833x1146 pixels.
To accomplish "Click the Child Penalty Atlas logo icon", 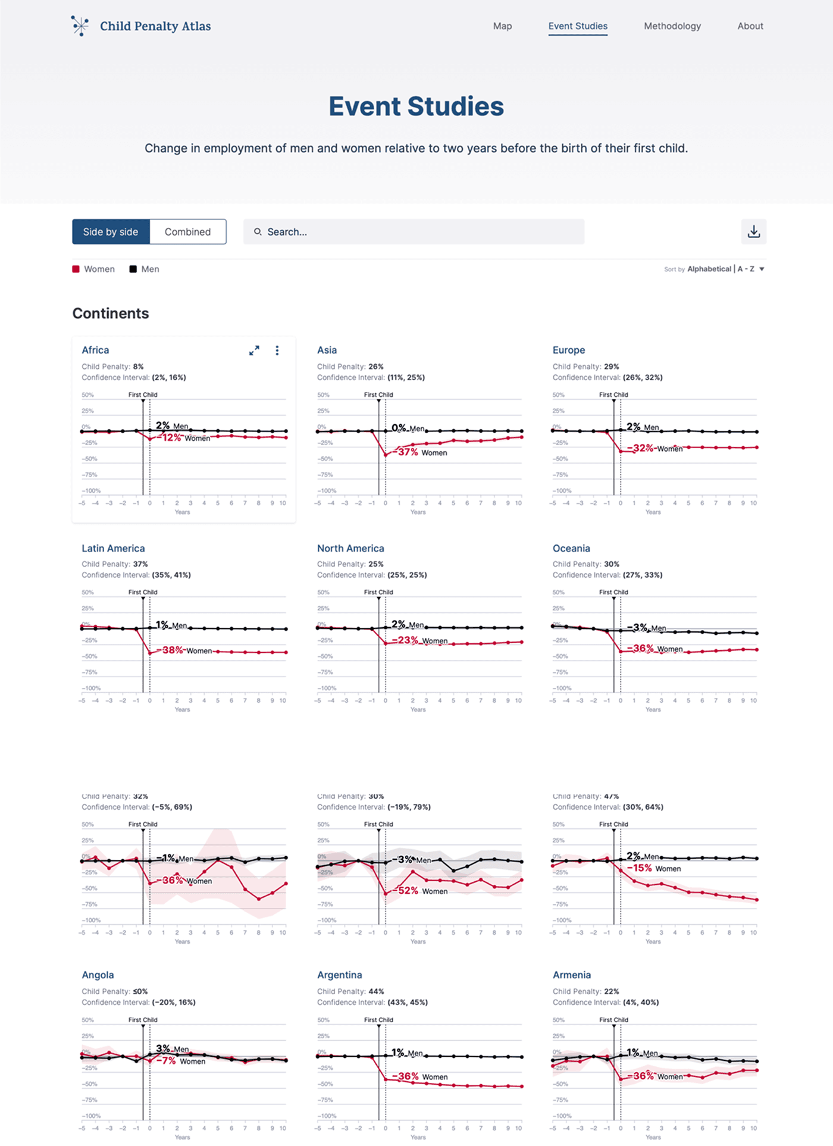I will (x=80, y=26).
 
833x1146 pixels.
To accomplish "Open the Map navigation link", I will (x=502, y=26).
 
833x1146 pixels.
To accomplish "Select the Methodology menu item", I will (x=672, y=26).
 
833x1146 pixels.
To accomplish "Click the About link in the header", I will (x=750, y=26).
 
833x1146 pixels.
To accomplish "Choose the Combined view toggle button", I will (x=187, y=231).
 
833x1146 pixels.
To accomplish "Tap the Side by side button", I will (x=111, y=231).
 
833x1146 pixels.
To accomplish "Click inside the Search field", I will (x=416, y=231).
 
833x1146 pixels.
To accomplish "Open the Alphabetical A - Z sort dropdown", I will (x=725, y=269).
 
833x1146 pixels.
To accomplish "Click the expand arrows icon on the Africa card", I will (x=254, y=350).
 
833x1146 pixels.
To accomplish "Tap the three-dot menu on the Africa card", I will (x=277, y=350).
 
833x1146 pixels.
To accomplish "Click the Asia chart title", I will (x=327, y=350).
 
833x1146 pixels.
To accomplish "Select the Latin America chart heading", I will (x=113, y=548).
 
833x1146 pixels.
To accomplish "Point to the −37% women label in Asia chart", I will (x=408, y=452).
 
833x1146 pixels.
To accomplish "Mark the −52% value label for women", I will (x=408, y=891).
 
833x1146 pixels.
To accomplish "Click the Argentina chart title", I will (x=339, y=975).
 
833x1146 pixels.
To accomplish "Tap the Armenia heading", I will (x=572, y=975).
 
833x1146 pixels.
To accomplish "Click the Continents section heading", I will (x=111, y=314).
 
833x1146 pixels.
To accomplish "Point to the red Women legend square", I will (x=76, y=269).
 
